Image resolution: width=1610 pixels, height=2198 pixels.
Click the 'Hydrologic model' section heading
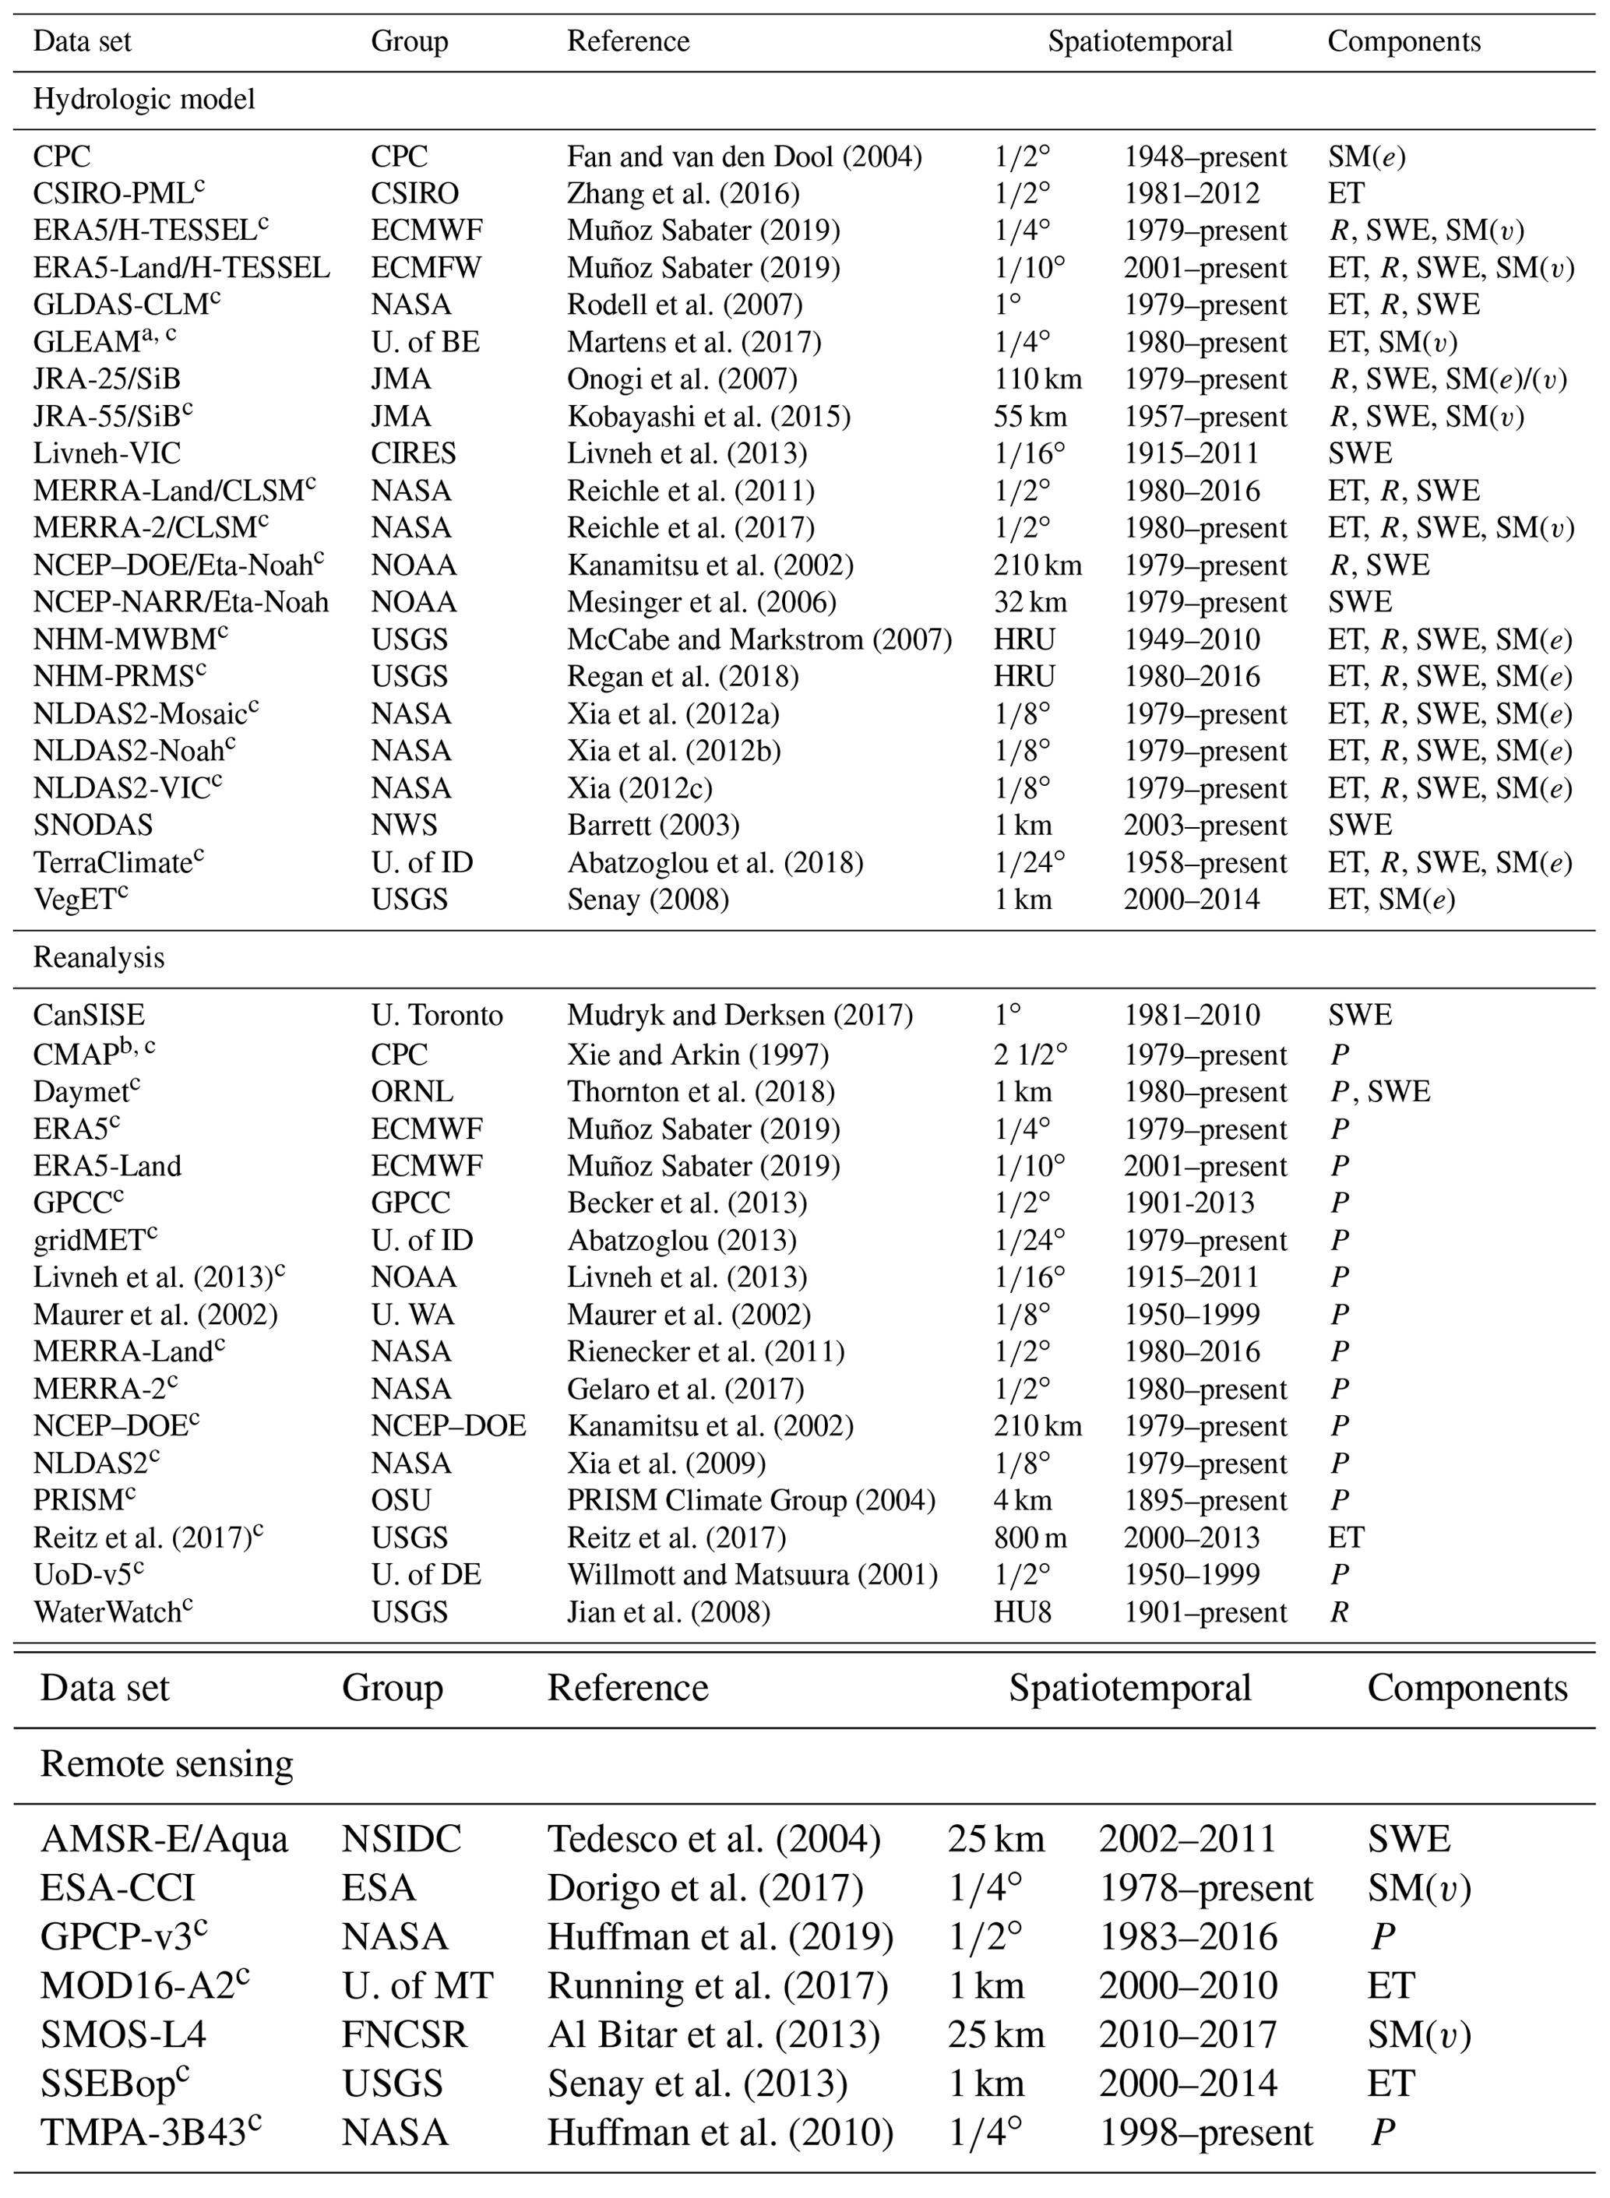144,100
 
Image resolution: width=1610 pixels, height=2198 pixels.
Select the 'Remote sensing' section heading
166,1763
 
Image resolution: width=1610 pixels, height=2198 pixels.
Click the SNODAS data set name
93,826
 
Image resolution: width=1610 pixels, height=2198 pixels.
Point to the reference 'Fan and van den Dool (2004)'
745,157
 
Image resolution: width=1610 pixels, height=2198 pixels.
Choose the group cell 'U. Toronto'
437,1015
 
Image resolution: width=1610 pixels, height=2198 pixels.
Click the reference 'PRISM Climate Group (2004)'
750,1500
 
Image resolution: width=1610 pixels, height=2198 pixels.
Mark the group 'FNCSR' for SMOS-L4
404,2034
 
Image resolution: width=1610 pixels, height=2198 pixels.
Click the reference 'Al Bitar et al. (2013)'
713,2034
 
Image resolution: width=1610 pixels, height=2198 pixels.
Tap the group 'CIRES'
414,453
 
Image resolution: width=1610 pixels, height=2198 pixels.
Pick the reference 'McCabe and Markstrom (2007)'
759,639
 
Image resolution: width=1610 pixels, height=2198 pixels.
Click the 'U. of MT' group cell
417,1985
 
